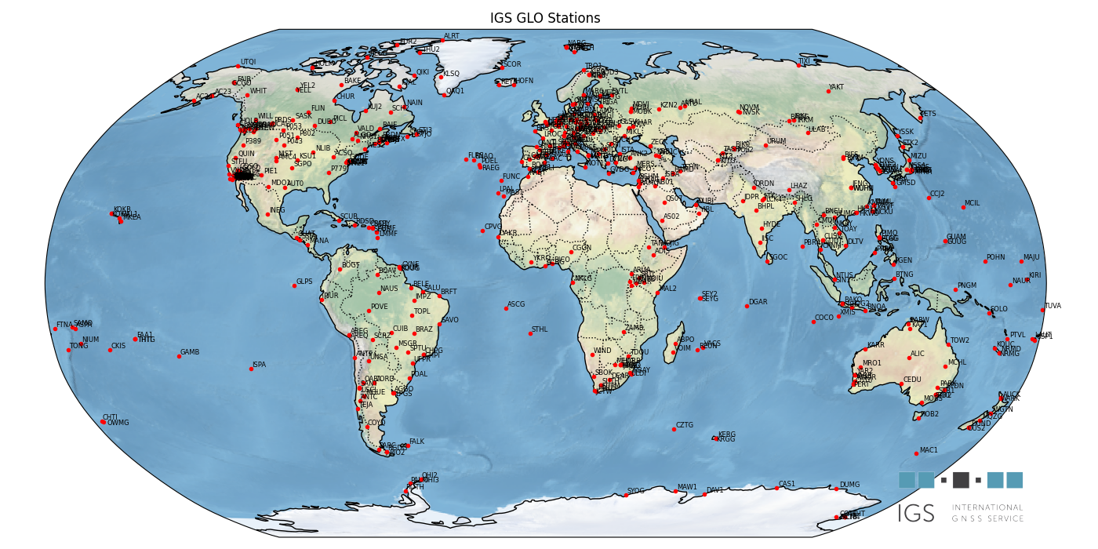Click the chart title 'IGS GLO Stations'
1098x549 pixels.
point(545,18)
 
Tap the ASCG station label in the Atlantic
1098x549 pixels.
point(516,304)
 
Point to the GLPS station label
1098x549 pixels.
point(304,282)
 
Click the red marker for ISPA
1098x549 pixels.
point(251,369)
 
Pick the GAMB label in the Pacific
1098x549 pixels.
point(190,352)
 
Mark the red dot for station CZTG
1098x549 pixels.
point(674,429)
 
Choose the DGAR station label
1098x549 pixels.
point(758,302)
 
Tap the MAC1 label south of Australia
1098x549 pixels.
point(929,450)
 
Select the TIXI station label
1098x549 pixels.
point(804,61)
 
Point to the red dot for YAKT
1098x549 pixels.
point(828,91)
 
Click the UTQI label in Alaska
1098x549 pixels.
point(248,62)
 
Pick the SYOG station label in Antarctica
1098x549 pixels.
point(635,491)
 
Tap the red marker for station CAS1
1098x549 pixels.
point(776,488)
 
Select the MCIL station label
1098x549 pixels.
point(972,203)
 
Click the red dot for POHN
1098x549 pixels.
point(985,261)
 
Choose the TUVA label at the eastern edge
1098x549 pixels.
point(1053,307)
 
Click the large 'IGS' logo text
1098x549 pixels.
point(916,514)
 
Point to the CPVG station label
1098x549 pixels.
point(493,227)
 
